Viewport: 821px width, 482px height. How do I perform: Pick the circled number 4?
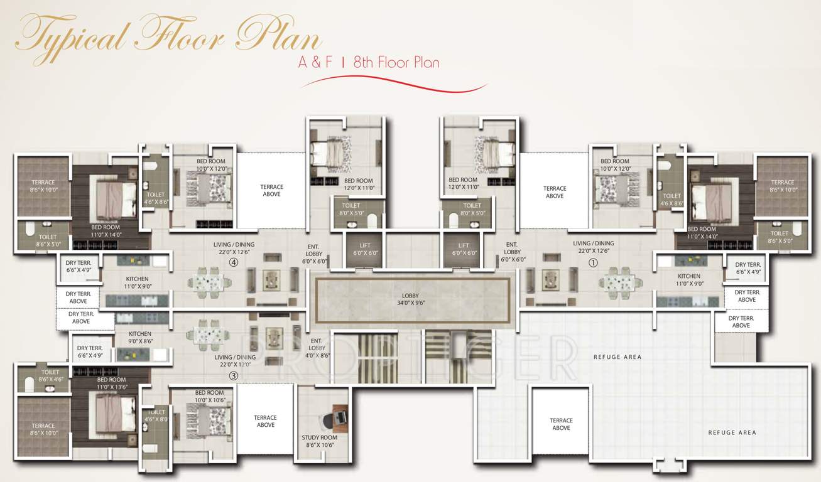tap(233, 263)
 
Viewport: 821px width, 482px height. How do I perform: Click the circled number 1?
tap(592, 263)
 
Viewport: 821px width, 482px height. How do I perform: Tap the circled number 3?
tap(233, 376)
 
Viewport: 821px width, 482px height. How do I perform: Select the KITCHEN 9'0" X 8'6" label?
tap(140, 338)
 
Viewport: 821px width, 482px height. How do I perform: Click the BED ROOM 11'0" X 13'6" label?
tap(111, 383)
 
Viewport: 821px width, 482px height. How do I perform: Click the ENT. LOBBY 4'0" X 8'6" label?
tap(317, 348)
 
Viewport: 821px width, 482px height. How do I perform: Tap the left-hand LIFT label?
tap(365, 249)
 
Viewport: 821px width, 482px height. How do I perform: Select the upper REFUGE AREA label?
tap(617, 357)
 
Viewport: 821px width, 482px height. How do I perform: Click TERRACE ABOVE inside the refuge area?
tap(561, 424)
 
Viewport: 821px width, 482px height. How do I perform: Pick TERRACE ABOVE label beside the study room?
tap(265, 421)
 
